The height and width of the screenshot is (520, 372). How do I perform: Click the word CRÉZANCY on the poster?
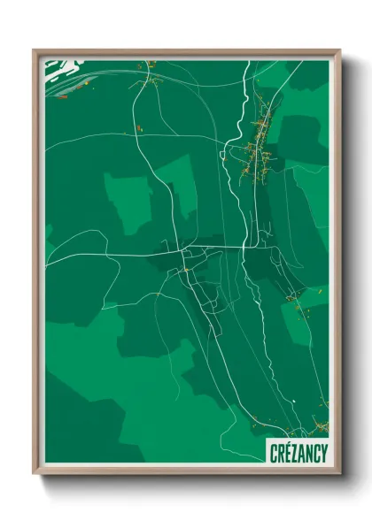pyautogui.click(x=298, y=453)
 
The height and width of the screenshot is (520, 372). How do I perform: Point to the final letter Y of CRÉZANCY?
pyautogui.click(x=323, y=453)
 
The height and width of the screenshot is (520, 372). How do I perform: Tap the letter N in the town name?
pyautogui.click(x=309, y=453)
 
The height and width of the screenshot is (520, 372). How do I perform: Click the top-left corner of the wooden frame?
pyautogui.click(x=35, y=50)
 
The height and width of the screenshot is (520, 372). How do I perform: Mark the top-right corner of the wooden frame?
pyautogui.click(x=339, y=50)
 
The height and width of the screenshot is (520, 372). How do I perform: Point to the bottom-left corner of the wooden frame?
pyautogui.click(x=35, y=474)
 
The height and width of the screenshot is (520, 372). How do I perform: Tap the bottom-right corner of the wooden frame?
pyautogui.click(x=339, y=474)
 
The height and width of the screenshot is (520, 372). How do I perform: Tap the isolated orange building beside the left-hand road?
pyautogui.click(x=138, y=130)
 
